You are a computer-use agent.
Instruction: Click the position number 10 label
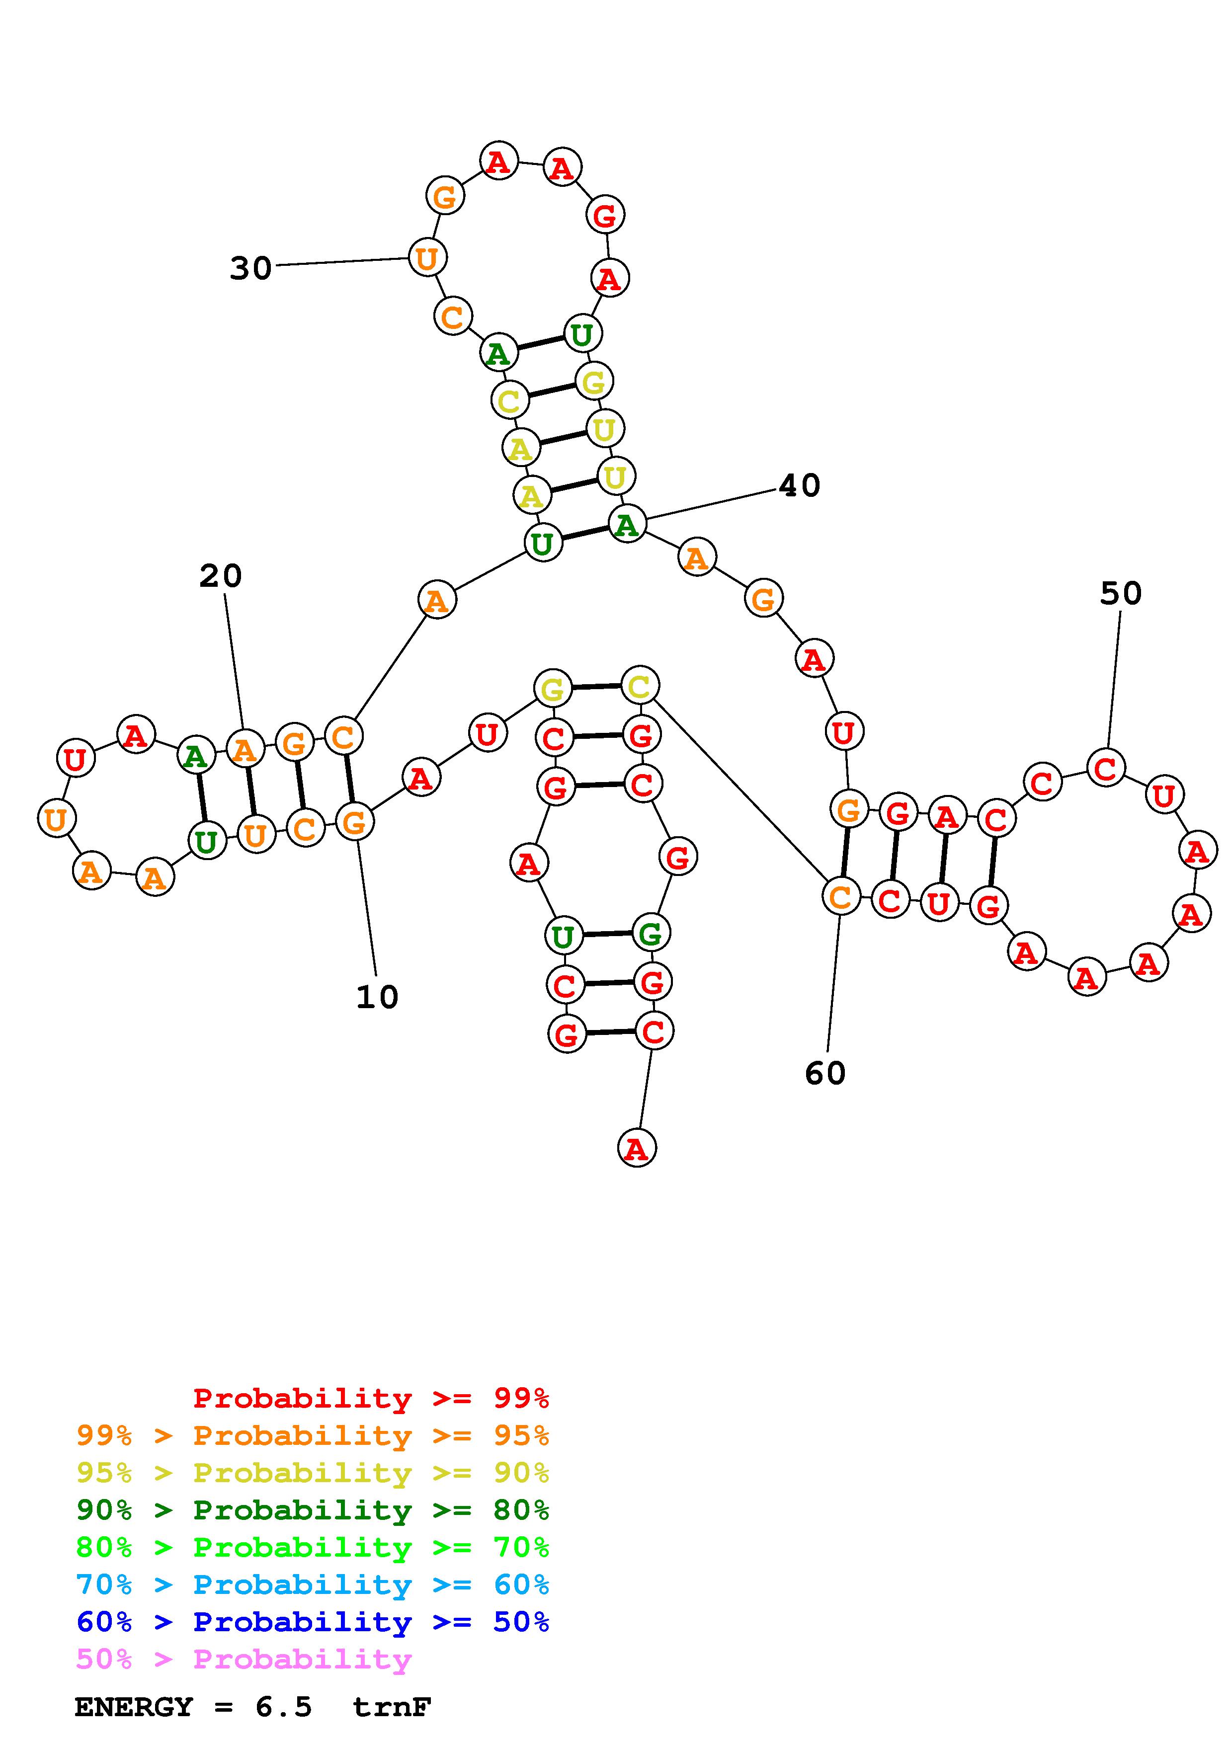(x=377, y=997)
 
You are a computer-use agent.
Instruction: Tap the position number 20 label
(x=220, y=576)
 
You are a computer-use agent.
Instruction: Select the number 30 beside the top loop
(x=250, y=268)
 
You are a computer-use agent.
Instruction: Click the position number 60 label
(x=825, y=1073)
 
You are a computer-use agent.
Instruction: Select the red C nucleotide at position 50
(x=1105, y=768)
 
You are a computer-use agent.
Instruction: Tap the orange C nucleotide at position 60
(x=840, y=896)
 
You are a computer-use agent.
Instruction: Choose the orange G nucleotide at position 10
(x=354, y=821)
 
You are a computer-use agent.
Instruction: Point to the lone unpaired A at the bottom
(x=636, y=1149)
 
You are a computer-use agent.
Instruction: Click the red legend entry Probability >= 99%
(x=371, y=1398)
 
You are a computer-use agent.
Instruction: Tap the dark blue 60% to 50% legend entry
(x=313, y=1622)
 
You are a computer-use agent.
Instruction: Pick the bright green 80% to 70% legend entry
(x=313, y=1547)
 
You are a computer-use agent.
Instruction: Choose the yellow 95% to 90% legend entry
(x=313, y=1473)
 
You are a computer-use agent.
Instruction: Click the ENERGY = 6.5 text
(x=193, y=1707)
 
